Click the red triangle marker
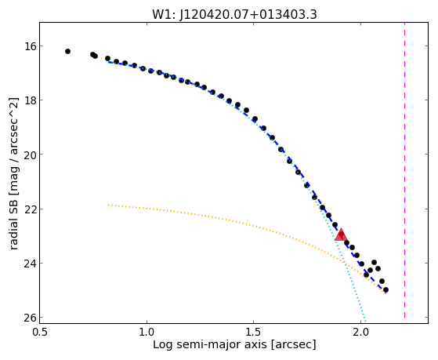click(341, 235)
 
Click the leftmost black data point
click(67, 51)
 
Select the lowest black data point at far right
click(386, 289)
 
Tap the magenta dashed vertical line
click(404, 170)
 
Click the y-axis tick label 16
click(29, 45)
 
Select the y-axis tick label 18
click(29, 100)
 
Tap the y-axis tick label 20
click(29, 155)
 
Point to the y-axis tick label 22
click(29, 209)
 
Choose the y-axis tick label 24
click(29, 263)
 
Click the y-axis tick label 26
click(29, 317)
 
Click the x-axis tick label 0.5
click(40, 333)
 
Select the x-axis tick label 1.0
click(147, 333)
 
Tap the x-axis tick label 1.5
click(253, 333)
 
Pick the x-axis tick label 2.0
click(360, 333)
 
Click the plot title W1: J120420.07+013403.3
click(234, 15)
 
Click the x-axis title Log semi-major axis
click(209, 344)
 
